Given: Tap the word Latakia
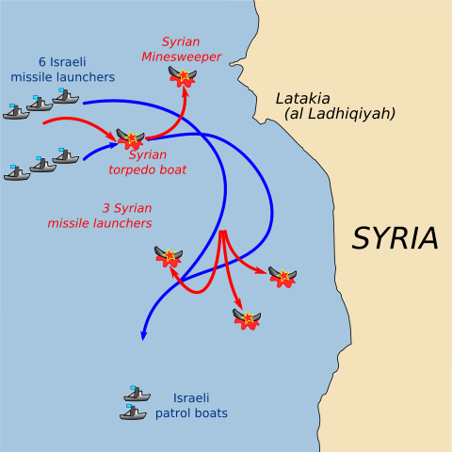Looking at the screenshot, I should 303,98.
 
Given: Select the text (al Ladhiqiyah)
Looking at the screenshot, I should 339,114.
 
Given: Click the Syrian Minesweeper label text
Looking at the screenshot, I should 181,49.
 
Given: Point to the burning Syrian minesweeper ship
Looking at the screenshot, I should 182,76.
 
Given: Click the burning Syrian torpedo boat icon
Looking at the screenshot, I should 131,140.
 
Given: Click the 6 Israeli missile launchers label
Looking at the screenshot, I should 63,69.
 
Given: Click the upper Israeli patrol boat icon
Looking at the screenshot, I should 137,394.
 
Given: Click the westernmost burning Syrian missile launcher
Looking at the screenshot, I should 169,256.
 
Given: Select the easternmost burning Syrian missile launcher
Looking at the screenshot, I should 282,276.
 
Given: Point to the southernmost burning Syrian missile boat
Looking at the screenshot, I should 247,318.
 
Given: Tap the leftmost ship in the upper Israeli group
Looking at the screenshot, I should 16,112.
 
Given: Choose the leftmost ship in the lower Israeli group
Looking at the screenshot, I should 17,172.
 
